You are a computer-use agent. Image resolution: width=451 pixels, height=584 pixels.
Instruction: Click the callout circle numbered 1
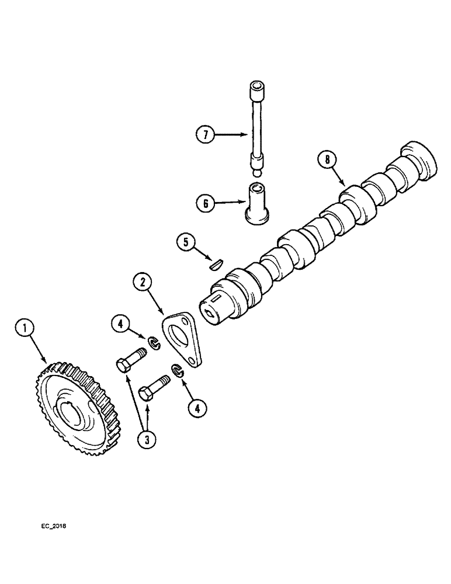coord(25,328)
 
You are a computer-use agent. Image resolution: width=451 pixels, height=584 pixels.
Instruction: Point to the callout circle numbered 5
coord(186,241)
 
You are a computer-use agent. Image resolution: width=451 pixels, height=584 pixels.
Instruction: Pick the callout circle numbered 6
coord(205,203)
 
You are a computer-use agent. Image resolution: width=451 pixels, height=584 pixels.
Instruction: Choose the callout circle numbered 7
coord(204,134)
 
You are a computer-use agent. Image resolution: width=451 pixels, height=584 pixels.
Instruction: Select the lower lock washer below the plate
coord(177,370)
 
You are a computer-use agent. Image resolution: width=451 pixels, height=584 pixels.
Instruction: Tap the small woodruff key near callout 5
coord(215,264)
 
